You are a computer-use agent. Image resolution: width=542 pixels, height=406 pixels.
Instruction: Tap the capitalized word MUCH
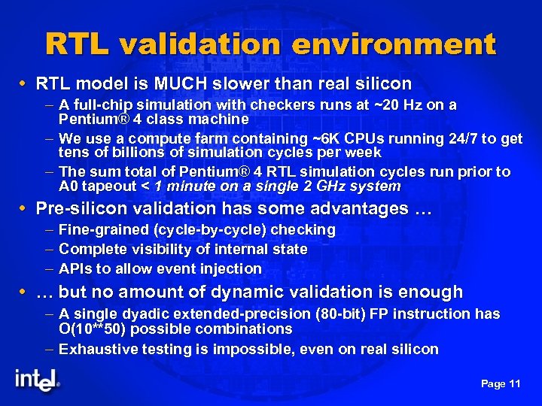point(180,83)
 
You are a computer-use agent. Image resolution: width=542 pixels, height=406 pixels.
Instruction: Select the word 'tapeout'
point(108,186)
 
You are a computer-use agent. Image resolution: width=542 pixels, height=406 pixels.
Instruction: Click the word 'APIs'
point(75,268)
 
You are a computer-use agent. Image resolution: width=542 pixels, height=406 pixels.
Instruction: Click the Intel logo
point(36,380)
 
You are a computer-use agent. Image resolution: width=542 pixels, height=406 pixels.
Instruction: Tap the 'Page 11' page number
point(501,383)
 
